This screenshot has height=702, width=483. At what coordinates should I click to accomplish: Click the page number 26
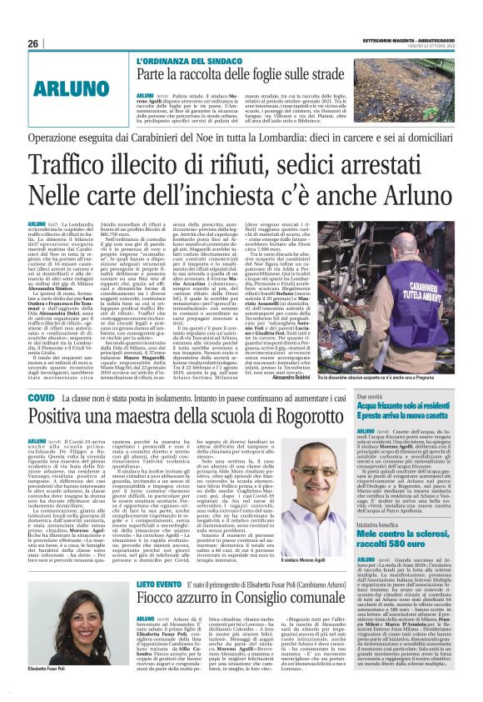tap(33, 43)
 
